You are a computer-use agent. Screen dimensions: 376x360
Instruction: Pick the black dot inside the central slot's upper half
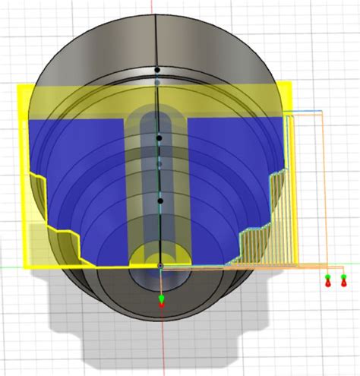pyautogui.click(x=159, y=138)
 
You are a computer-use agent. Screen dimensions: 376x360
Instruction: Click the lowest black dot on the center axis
pyautogui.click(x=160, y=201)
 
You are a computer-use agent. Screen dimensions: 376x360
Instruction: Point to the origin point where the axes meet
pyautogui.click(x=160, y=266)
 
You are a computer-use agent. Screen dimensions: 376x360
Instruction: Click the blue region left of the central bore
pyautogui.click(x=84, y=160)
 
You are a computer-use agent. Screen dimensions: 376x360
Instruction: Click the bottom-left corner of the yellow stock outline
pyautogui.click(x=25, y=267)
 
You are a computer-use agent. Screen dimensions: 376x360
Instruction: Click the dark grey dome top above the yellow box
pyautogui.click(x=156, y=38)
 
